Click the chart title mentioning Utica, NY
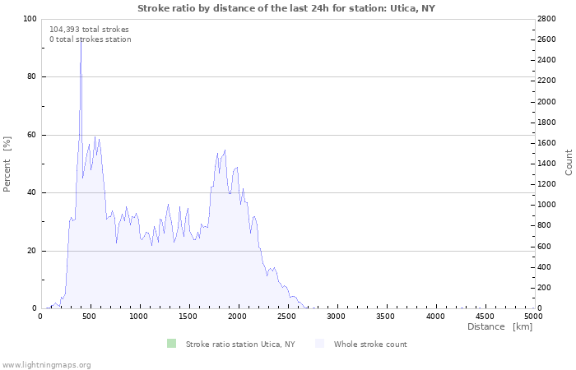(286, 8)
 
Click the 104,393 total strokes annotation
(89, 29)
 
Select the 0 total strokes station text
(90, 39)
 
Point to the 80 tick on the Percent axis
(31, 77)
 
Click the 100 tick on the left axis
(30, 19)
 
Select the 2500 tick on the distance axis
(287, 316)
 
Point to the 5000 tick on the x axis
(533, 316)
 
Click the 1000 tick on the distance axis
(139, 316)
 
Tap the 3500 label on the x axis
(385, 316)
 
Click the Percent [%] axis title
(7, 164)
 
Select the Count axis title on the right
(569, 162)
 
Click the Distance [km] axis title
(499, 327)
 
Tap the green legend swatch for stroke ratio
(171, 344)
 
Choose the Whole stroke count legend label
(369, 345)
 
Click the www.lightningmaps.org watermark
(46, 364)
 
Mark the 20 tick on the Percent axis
(31, 251)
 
